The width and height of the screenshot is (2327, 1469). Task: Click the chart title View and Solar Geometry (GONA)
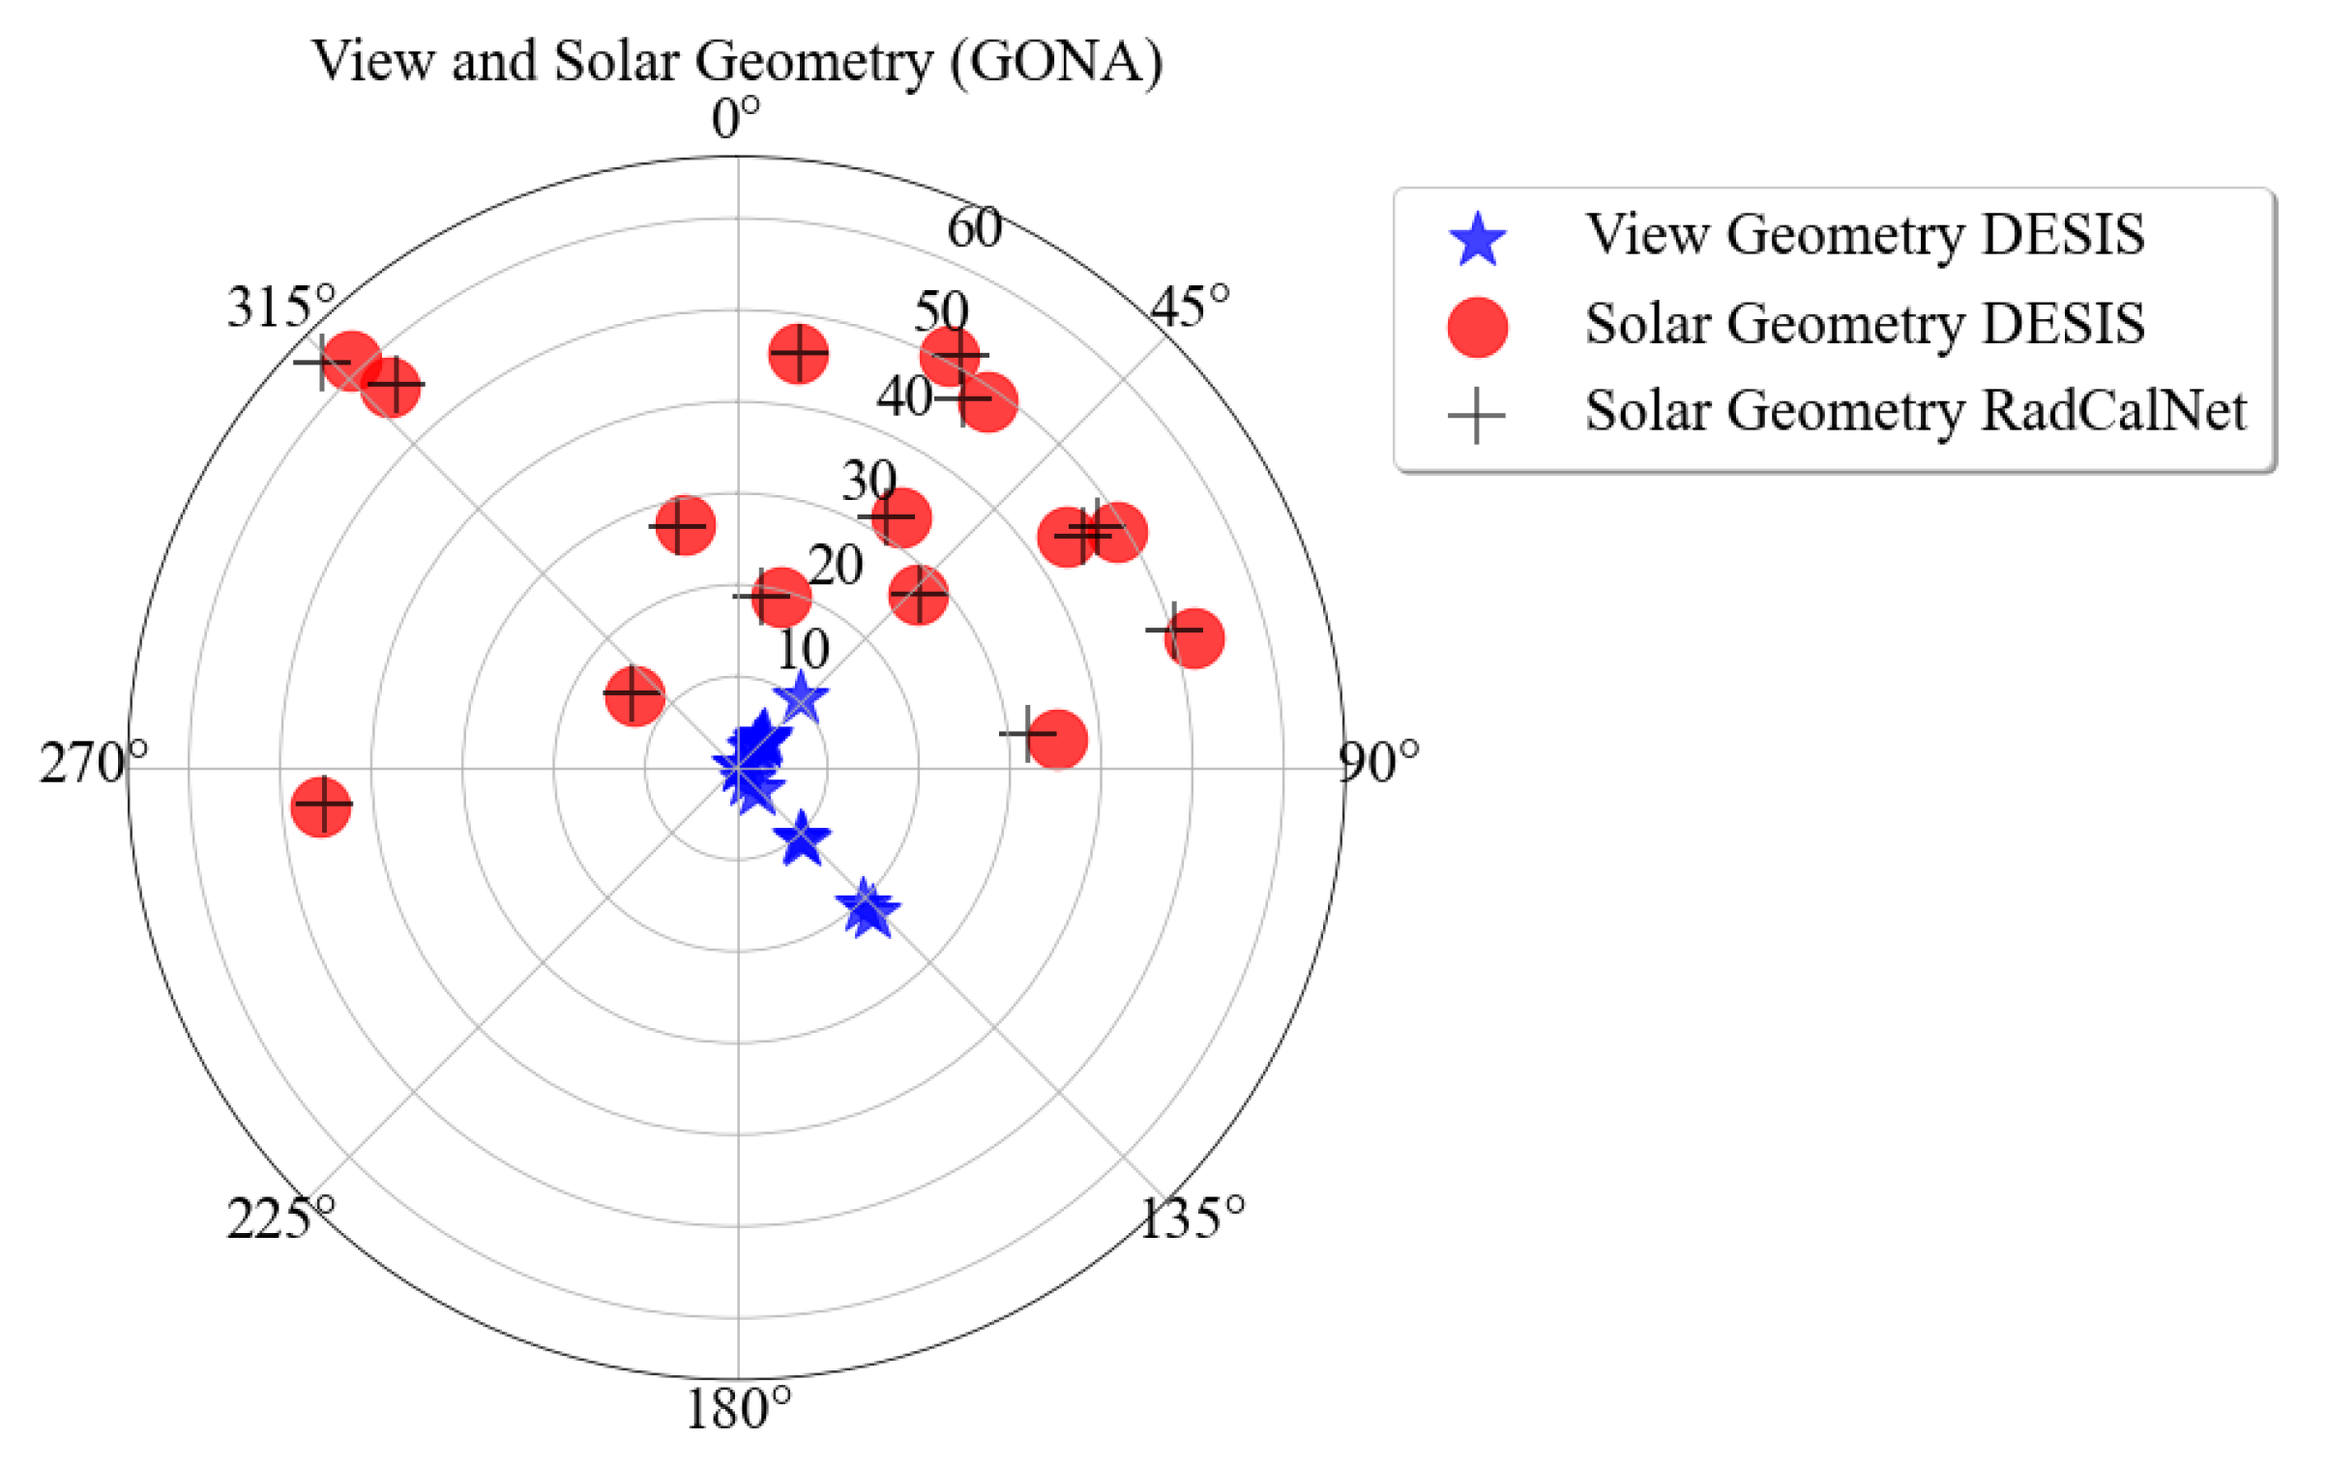coord(737,62)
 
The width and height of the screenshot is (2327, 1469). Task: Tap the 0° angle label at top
coord(736,120)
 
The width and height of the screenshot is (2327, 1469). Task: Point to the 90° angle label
coord(1378,763)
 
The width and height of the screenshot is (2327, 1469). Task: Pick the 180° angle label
coord(738,1409)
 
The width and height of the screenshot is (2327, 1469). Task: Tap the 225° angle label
coord(281,1218)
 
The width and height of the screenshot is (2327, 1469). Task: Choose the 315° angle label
coord(281,308)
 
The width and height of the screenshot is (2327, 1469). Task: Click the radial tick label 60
coord(973,229)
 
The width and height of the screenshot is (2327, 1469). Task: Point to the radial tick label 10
coord(803,649)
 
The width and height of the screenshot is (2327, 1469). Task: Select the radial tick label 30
coord(869,481)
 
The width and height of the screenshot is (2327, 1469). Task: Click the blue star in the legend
coord(1477,240)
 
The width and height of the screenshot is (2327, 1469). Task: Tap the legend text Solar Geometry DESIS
coord(1864,323)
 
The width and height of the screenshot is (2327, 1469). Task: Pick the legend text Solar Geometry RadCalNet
coord(1914,411)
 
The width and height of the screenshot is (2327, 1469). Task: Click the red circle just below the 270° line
coord(321,805)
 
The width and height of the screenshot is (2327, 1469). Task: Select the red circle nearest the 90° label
coord(1193,638)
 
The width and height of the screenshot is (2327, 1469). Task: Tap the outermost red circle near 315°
coord(350,361)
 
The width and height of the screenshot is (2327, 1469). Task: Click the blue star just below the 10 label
coord(801,698)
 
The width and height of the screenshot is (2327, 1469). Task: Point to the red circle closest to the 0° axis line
coord(780,598)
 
